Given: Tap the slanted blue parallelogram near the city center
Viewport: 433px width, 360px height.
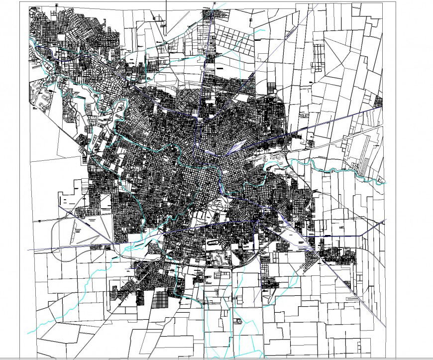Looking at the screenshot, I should tap(236, 146).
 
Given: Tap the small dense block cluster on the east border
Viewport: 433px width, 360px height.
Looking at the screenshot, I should tap(379, 102).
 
